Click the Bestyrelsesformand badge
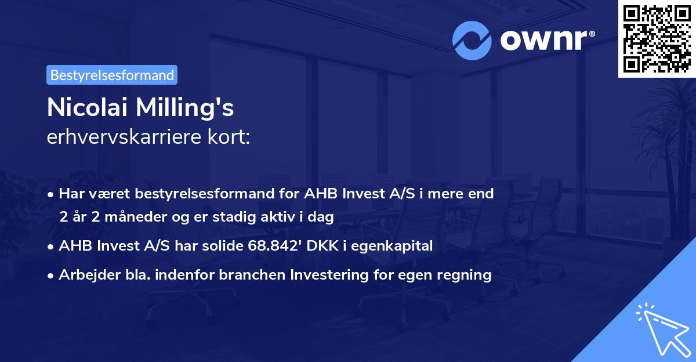pyautogui.click(x=112, y=75)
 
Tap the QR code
pyautogui.click(x=657, y=39)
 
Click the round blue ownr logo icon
pyautogui.click(x=472, y=41)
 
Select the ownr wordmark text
pyautogui.click(x=547, y=40)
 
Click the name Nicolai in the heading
pyautogui.click(x=88, y=107)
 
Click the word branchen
pyautogui.click(x=252, y=274)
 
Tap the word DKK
pyautogui.click(x=322, y=245)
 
